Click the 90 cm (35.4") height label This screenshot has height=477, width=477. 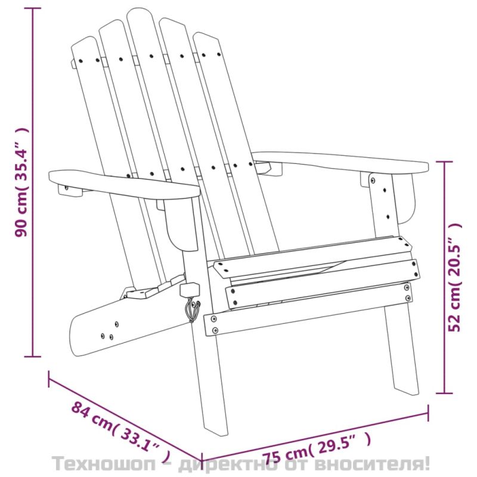[22, 182]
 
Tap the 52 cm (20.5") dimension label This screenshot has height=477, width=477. [455, 277]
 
